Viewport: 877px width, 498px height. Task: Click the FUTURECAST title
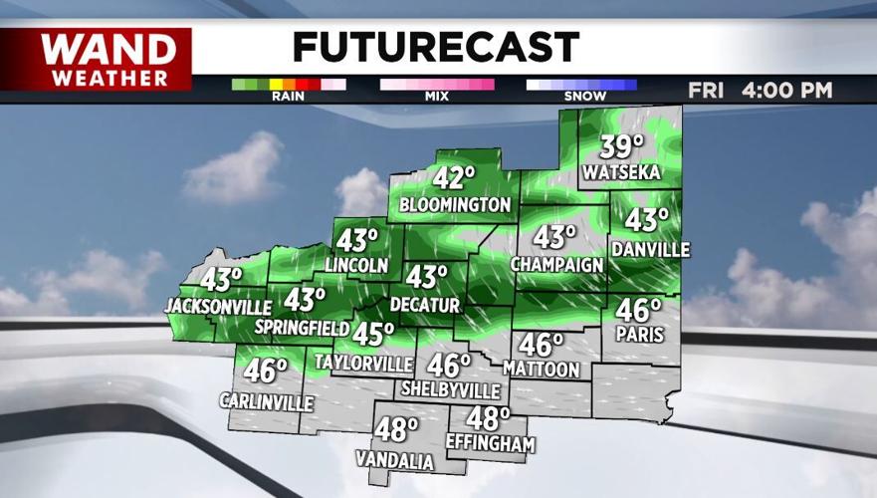[435, 47]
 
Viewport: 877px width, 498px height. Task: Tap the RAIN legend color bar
[288, 85]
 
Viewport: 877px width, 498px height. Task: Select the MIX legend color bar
[436, 85]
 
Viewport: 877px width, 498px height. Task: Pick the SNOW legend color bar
[581, 85]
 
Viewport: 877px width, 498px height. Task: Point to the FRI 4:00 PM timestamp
[760, 90]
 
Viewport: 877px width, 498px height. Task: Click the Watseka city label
[622, 173]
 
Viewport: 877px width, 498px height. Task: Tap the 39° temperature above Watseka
[622, 147]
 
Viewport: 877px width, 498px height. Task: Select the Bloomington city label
[455, 204]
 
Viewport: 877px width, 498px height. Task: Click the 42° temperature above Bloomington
[454, 179]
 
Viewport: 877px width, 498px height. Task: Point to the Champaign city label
[557, 264]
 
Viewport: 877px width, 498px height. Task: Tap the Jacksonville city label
[218, 304]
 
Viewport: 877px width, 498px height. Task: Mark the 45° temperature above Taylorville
[374, 334]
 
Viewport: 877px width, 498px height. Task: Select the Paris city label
[639, 335]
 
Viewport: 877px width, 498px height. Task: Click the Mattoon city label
[541, 369]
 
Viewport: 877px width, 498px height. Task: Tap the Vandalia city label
[395, 461]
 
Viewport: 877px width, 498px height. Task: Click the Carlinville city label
[266, 401]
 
